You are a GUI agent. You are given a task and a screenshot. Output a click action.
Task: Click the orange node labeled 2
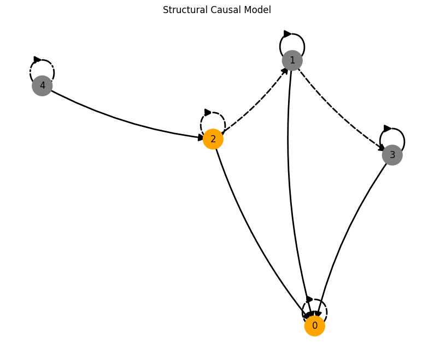(x=213, y=139)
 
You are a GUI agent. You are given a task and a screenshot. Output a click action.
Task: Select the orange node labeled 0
(x=315, y=326)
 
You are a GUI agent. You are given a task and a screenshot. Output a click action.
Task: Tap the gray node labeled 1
(x=292, y=60)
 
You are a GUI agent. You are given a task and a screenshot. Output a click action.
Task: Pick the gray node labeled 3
(x=392, y=155)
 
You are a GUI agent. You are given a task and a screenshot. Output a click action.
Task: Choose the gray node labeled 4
(x=42, y=86)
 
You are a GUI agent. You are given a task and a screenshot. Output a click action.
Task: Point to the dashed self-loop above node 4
(x=42, y=62)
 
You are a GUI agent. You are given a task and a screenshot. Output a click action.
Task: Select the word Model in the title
(x=258, y=10)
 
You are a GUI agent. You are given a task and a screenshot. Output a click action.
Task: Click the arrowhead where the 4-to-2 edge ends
(x=201, y=138)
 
